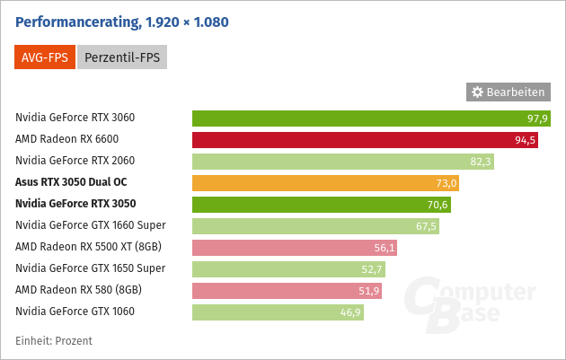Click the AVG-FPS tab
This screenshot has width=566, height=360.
point(44,58)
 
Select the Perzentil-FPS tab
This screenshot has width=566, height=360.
point(122,58)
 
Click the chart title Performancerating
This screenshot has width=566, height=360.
point(134,21)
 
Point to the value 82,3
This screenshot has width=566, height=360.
point(481,162)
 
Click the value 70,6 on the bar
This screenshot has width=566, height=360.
point(438,205)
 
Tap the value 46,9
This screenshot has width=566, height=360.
point(350,312)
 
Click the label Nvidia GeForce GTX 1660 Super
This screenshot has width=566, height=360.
point(91,225)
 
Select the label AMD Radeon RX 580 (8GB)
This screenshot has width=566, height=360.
point(78,290)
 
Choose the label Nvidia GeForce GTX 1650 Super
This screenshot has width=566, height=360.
point(91,268)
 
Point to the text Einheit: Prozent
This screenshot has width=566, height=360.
point(54,341)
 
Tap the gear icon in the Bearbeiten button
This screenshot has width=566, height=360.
point(477,92)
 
